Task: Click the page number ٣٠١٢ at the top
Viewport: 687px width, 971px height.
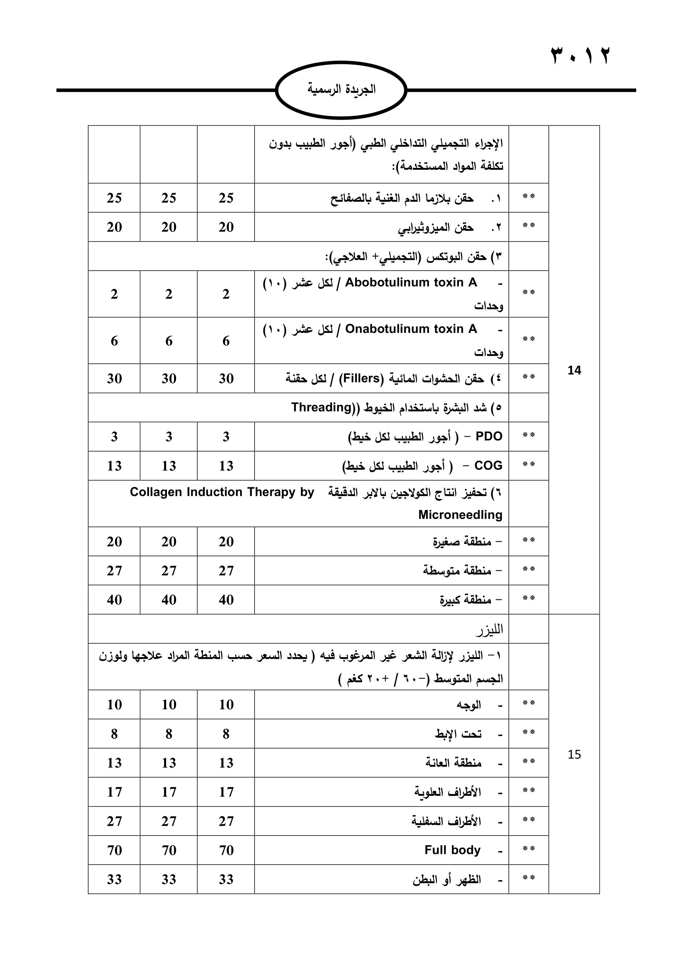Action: [580, 55]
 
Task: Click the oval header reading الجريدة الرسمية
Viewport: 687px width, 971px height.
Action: [341, 90]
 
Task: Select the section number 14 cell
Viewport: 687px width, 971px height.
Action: [574, 370]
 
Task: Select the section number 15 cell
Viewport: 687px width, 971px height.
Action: [574, 754]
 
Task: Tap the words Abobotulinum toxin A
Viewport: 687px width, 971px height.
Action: [411, 283]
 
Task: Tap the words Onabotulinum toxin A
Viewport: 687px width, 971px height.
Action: [411, 329]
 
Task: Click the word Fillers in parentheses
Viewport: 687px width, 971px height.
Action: [363, 378]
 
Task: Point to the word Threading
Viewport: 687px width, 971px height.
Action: [321, 407]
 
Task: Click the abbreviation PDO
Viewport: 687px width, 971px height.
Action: [488, 436]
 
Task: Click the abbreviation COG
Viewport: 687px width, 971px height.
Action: [488, 466]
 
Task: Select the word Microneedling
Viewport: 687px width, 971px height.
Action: [460, 515]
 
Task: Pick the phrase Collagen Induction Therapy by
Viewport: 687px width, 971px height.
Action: [222, 492]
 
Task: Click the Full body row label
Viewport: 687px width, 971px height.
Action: [452, 850]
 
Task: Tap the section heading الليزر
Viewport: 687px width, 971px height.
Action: [489, 630]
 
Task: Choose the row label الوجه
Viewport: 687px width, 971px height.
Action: [469, 705]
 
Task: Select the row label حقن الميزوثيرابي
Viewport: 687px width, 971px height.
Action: [436, 227]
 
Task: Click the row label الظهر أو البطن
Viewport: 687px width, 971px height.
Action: [447, 879]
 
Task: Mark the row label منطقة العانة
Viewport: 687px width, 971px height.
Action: [454, 763]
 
